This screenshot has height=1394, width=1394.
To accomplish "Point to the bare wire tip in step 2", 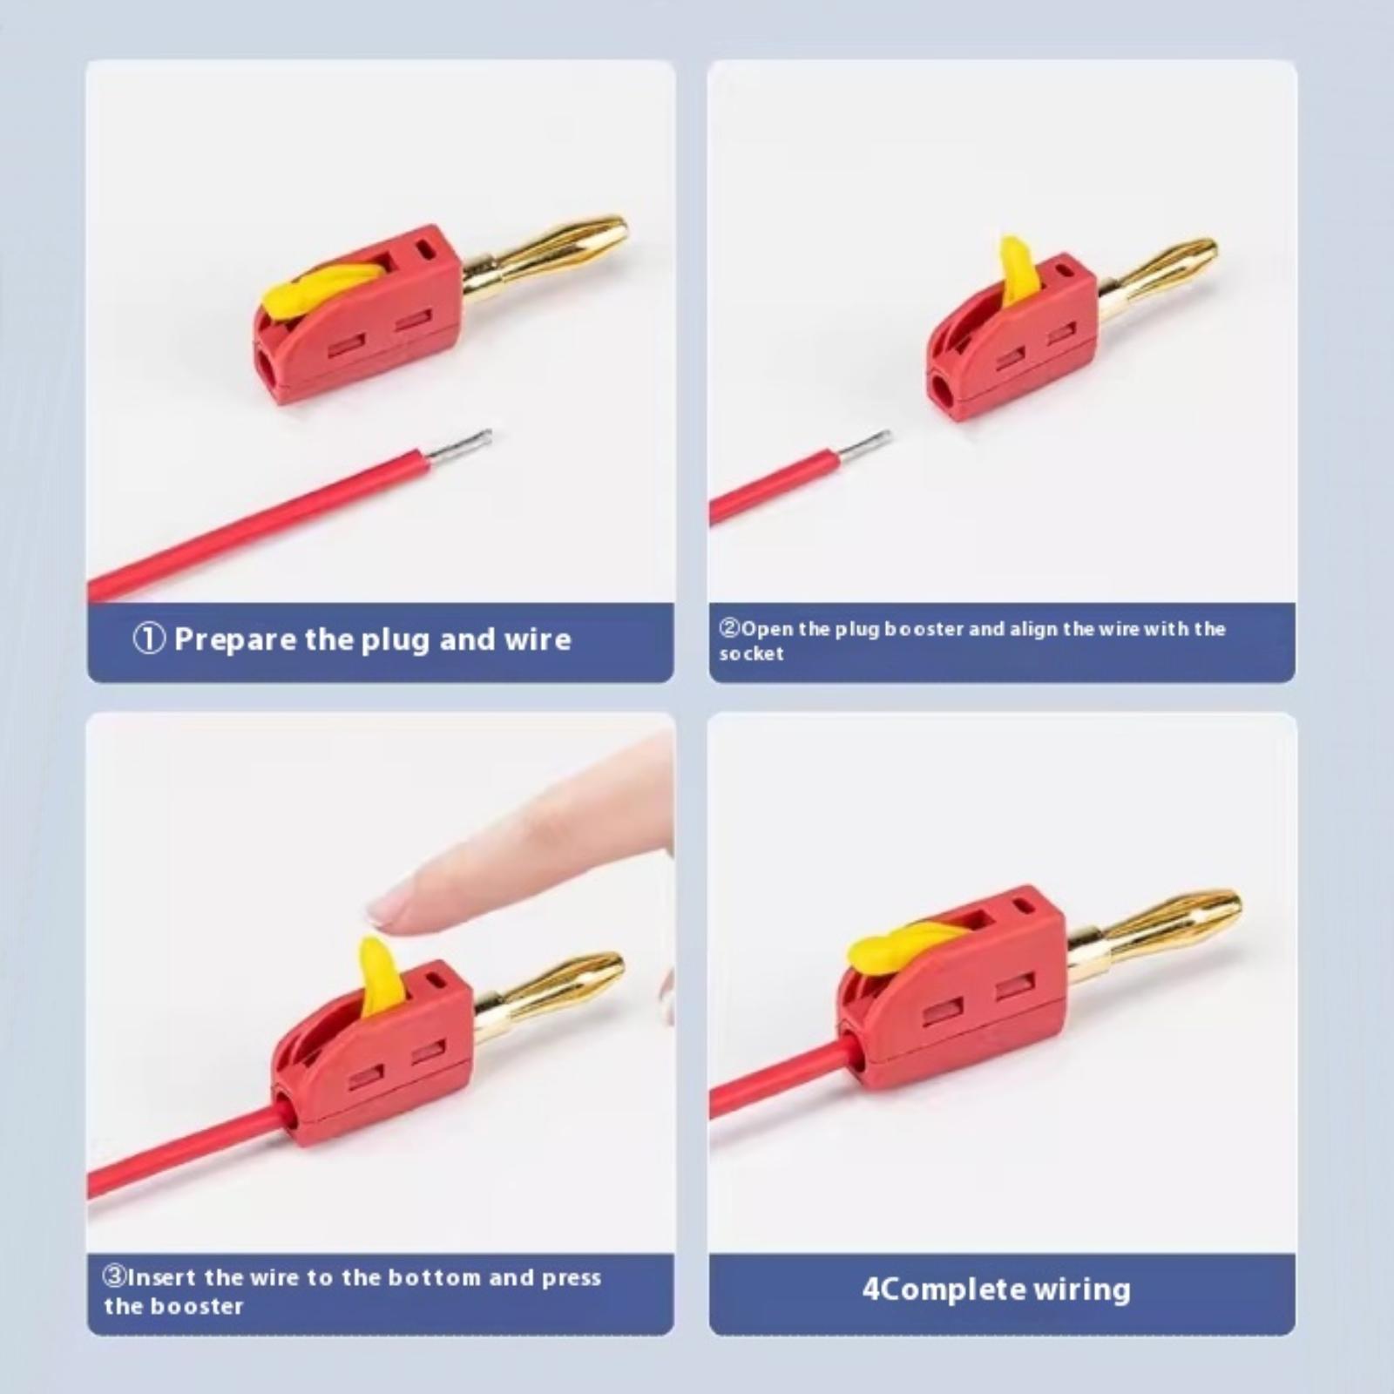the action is [865, 445].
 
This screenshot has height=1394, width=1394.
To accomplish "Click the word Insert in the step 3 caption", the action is [162, 1278].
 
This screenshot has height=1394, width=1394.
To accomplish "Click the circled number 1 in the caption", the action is [149, 639].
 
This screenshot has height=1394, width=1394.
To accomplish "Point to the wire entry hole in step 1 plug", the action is [267, 365].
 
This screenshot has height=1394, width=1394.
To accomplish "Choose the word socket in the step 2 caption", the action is [751, 653].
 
